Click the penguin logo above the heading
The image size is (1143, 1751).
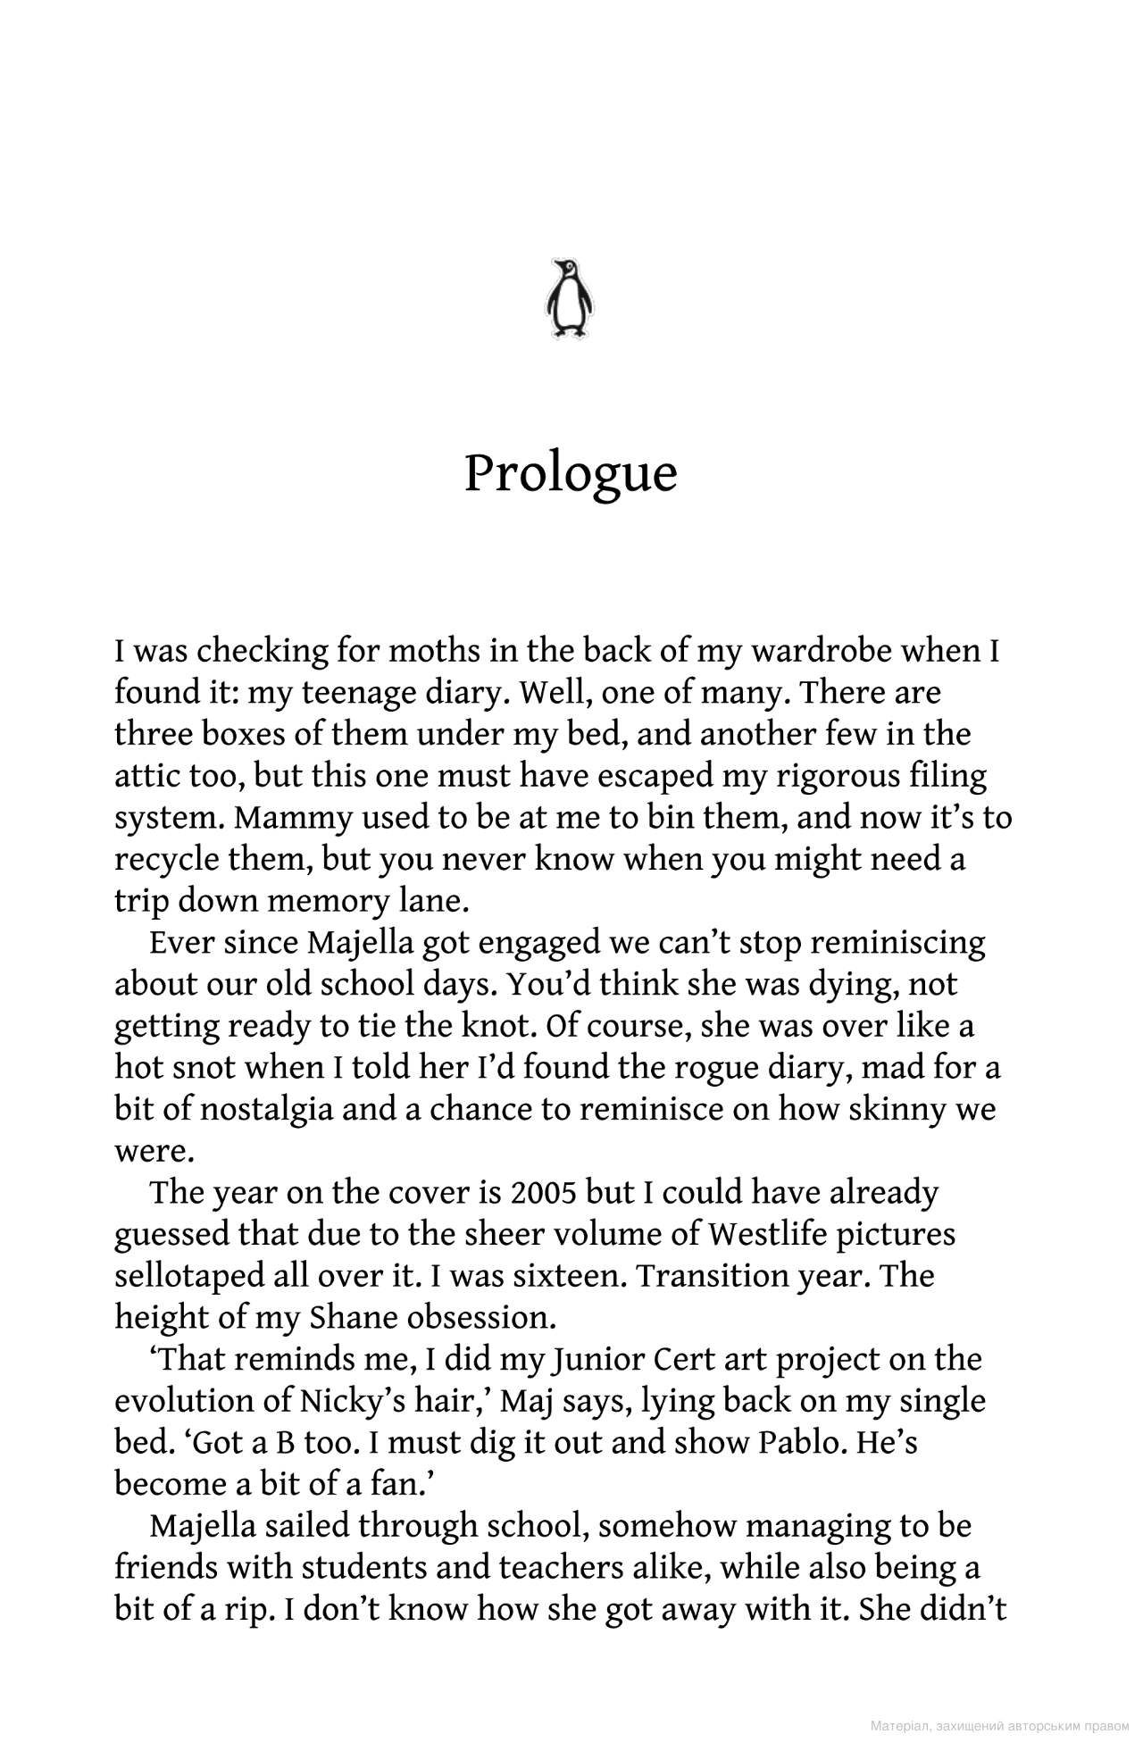[x=570, y=298]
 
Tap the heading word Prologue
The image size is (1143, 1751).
[x=571, y=473]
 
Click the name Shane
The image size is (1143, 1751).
[x=353, y=1318]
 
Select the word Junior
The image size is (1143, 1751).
[x=598, y=1359]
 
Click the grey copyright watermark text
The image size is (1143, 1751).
[x=999, y=1727]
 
